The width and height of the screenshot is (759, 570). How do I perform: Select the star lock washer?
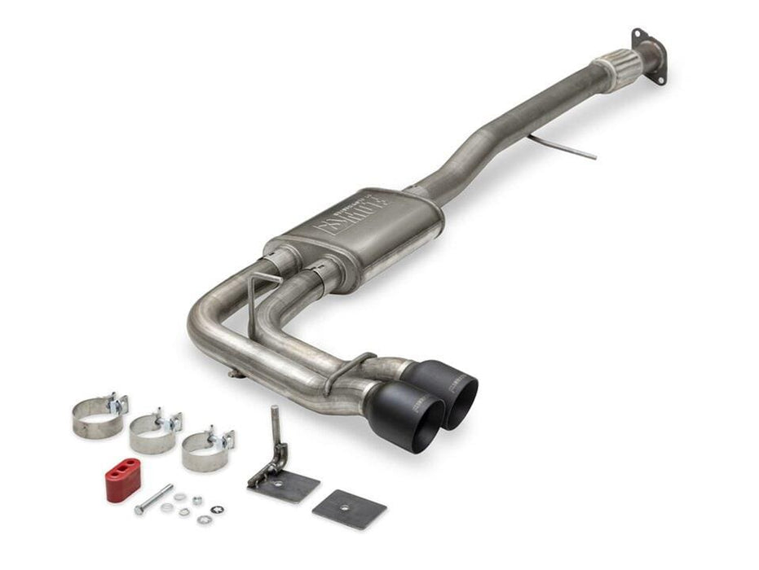(x=218, y=510)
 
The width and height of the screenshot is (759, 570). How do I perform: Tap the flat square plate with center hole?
(x=349, y=509)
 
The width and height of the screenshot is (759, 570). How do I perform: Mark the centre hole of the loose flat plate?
(x=349, y=509)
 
